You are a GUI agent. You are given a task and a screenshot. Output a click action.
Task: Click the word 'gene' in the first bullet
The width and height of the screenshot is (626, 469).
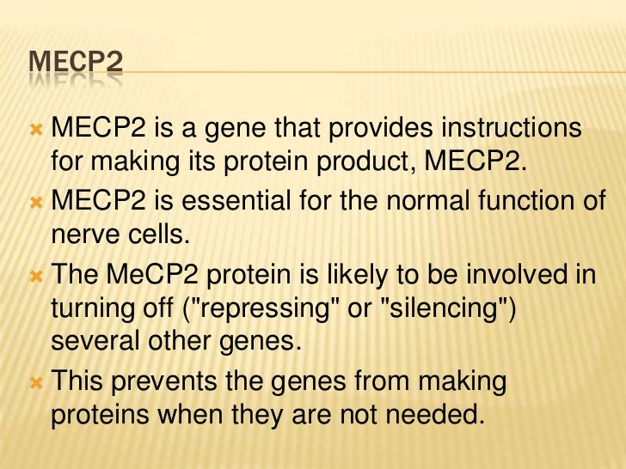coord(232,130)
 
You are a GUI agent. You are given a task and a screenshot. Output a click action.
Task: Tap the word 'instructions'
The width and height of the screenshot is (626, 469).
coord(511,130)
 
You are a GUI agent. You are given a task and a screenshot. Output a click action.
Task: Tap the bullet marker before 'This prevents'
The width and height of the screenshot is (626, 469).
coord(36,381)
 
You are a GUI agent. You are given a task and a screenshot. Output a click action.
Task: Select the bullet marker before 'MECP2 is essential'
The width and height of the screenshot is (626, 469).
coord(36,202)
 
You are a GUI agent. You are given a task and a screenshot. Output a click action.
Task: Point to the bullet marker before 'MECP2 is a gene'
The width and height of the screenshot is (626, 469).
coord(36,130)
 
